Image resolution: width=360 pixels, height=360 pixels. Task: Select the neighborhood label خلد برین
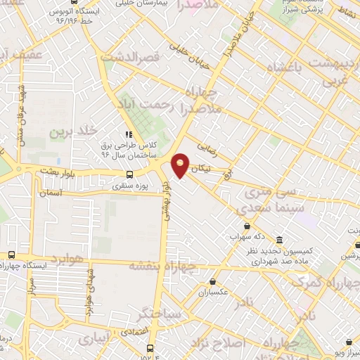73,132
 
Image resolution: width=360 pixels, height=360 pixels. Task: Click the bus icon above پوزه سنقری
129,174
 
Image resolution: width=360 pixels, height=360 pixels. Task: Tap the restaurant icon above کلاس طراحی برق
128,134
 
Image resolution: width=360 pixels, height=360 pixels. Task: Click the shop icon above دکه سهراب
247,226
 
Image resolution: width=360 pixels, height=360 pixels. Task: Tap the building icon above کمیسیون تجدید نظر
280,239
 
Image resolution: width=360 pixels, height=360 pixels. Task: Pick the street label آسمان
53,192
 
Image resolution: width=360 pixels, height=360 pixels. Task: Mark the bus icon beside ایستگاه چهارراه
11,255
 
